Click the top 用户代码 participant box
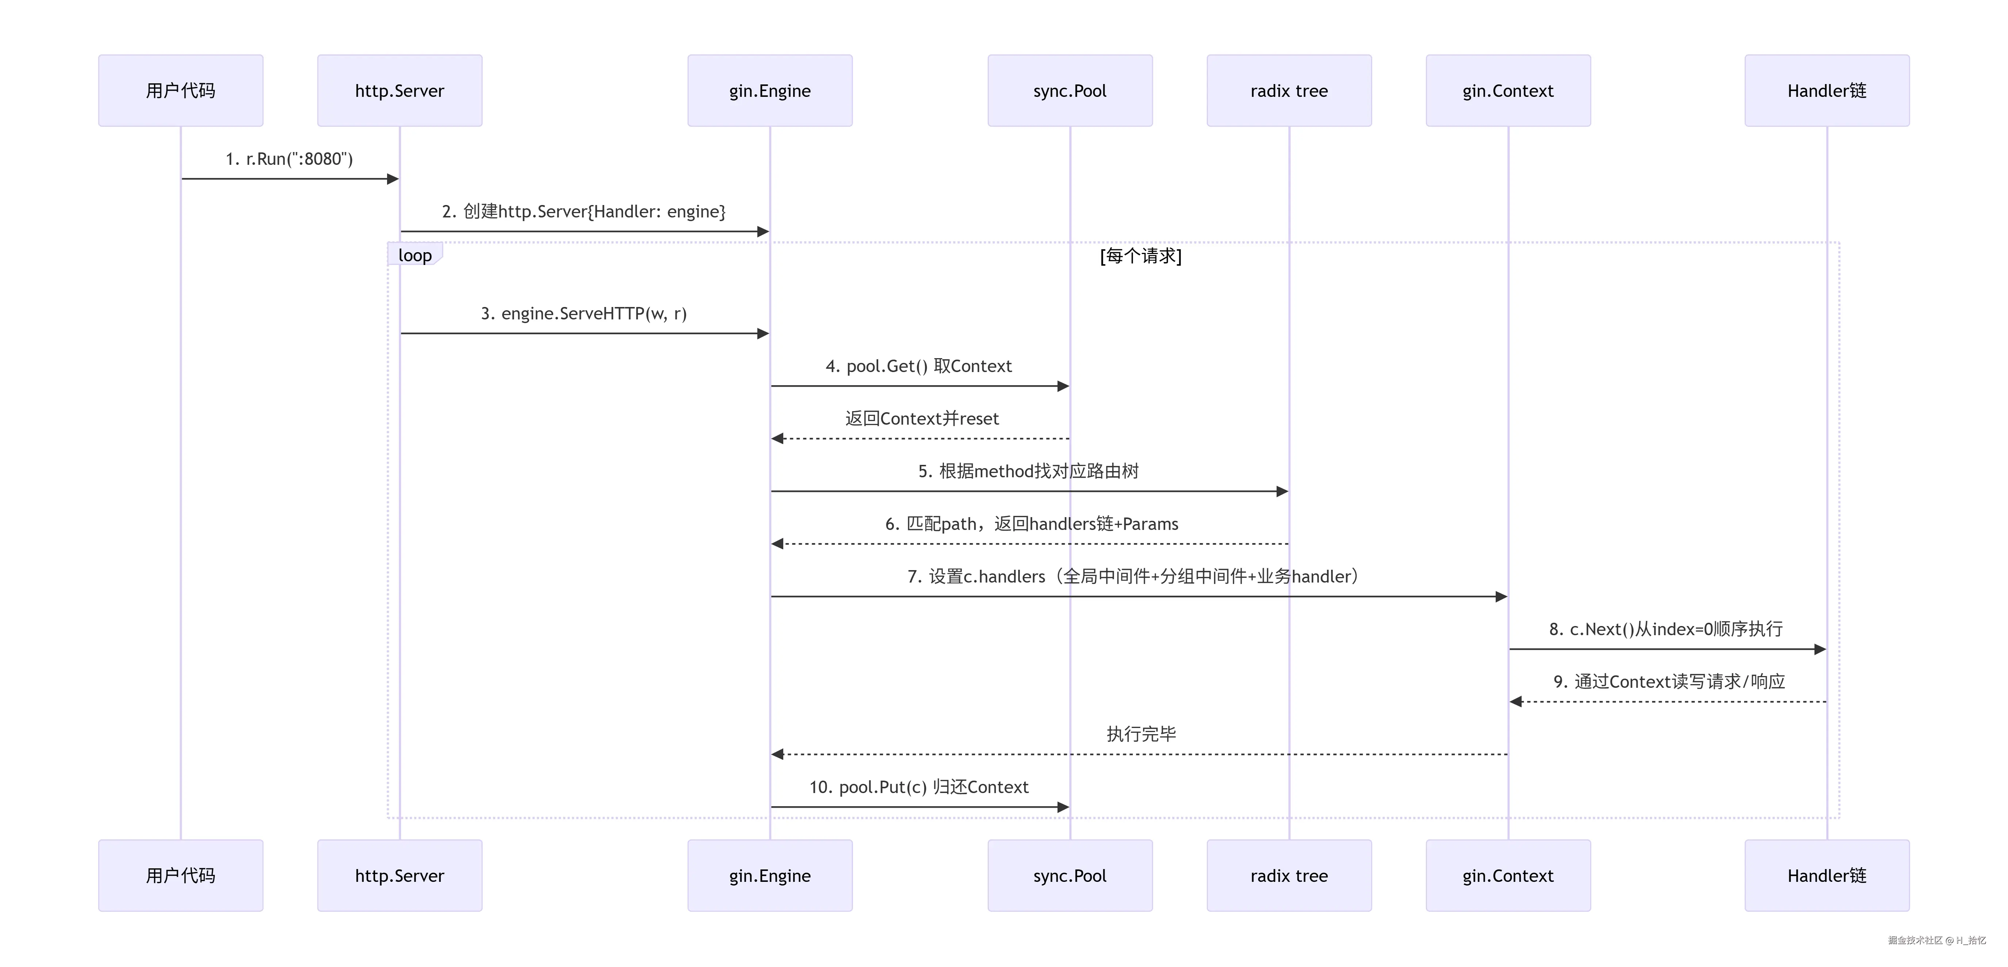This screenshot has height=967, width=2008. click(x=181, y=91)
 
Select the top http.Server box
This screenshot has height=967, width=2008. click(x=400, y=91)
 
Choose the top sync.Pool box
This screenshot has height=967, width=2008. click(x=1070, y=91)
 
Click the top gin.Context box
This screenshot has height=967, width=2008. click(x=1508, y=91)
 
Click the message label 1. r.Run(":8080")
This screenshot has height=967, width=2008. click(x=289, y=159)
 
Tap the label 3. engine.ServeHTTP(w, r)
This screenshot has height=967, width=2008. click(x=584, y=314)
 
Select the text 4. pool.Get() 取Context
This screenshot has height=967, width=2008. click(x=919, y=366)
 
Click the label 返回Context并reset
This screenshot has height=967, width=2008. click(x=922, y=419)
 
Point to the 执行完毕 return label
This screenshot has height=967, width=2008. click(x=1141, y=734)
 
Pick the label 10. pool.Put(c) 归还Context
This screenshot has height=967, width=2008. click(x=919, y=787)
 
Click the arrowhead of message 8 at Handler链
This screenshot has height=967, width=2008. click(x=1820, y=649)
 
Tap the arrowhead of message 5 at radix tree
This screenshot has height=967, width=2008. click(x=1282, y=491)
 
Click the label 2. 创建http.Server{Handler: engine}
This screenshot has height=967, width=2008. click(x=584, y=211)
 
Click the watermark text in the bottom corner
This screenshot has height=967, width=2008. click(x=1937, y=940)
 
